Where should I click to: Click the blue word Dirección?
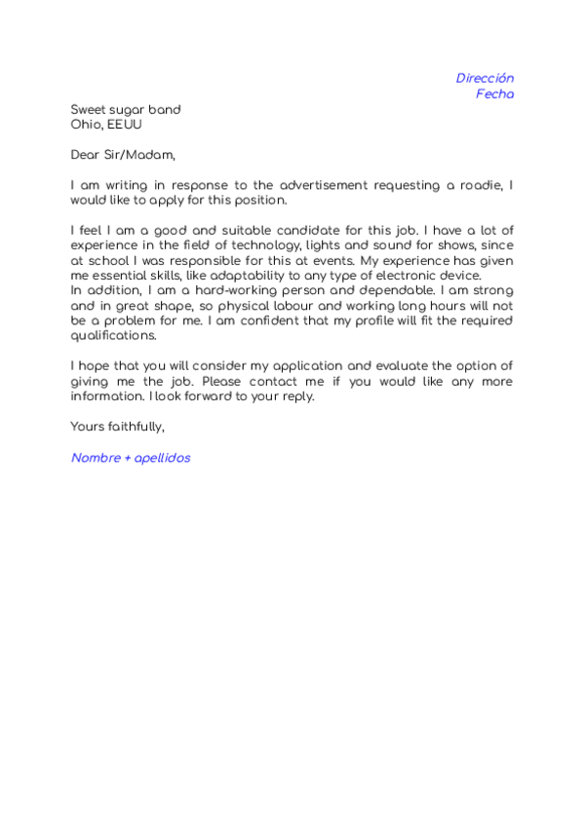click(x=485, y=78)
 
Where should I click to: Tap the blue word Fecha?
click(x=494, y=94)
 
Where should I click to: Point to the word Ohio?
click(x=86, y=125)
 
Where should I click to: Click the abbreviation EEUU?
click(x=125, y=125)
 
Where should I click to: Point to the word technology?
click(x=275, y=244)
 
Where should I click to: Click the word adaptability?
click(x=264, y=275)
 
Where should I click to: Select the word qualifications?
click(x=113, y=335)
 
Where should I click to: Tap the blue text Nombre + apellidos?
click(x=131, y=457)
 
